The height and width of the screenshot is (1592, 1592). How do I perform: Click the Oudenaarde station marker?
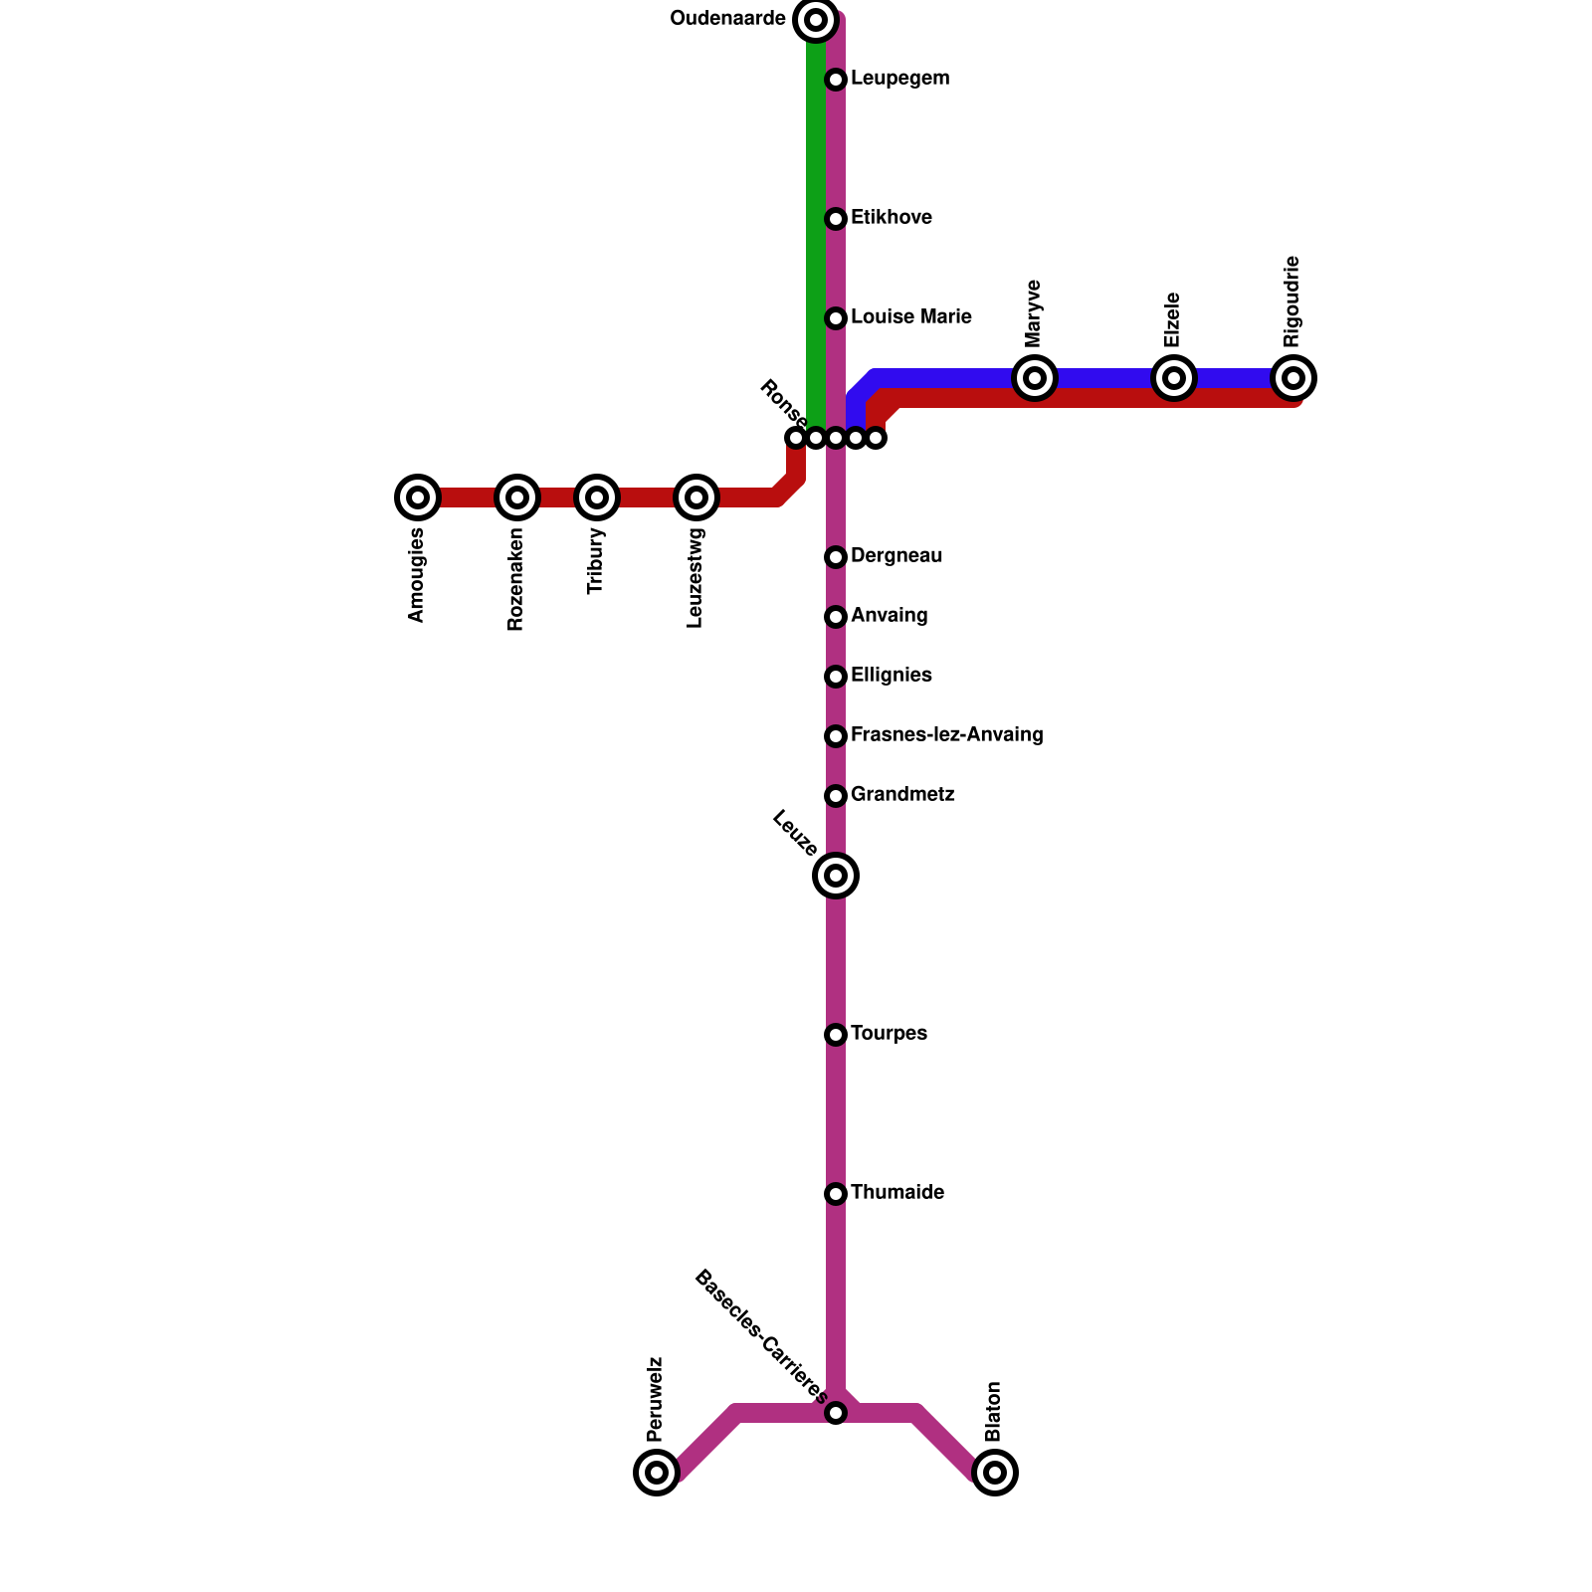816,20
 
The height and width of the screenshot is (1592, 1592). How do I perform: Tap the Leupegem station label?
899,79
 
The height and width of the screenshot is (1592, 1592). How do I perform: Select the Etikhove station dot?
836,219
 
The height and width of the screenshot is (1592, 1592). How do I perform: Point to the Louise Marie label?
910,317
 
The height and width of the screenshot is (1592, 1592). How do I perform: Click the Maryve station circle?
1035,378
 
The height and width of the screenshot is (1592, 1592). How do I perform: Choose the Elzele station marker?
1174,378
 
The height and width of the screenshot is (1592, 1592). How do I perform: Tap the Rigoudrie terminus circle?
1293,378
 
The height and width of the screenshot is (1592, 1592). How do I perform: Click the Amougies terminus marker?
418,497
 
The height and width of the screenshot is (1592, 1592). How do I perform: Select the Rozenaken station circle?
517,497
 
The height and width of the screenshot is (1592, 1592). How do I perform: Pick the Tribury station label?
596,561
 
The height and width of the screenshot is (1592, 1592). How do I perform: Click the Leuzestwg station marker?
696,497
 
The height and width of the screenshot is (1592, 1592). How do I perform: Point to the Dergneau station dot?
836,557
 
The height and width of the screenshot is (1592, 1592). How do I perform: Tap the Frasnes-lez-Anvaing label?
946,735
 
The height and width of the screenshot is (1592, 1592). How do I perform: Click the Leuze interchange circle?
836,876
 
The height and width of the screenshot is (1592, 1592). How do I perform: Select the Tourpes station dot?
836,1035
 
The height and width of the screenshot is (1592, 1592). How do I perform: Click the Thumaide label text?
896,1193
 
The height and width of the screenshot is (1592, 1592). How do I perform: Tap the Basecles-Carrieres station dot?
836,1413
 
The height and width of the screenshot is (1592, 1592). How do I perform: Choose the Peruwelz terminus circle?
657,1473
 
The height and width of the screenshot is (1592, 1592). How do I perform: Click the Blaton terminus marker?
995,1473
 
